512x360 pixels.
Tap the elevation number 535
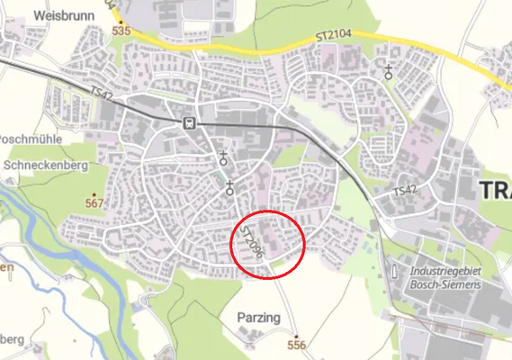pos(121,31)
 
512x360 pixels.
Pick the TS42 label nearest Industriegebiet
pos(407,193)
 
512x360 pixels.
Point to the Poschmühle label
pos(29,141)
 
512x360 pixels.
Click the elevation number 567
pos(94,203)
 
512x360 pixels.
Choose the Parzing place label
pos(259,319)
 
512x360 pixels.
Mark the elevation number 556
pos(296,345)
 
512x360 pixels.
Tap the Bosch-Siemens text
pos(445,283)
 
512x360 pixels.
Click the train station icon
pos(188,122)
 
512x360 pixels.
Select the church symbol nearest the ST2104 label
pos(389,72)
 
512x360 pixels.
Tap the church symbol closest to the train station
pos(223,158)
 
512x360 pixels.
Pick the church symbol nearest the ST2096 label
pos(230,187)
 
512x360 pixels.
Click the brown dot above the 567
pos(94,193)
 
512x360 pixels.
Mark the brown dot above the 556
pos(296,335)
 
